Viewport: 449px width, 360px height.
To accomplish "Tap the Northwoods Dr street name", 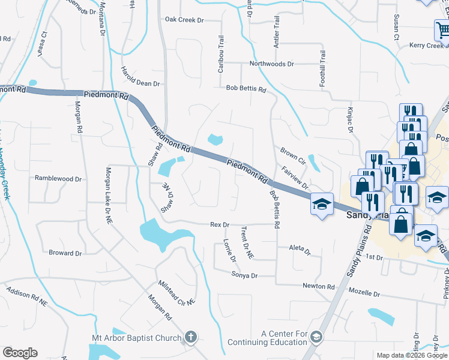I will pyautogui.click(x=272, y=64).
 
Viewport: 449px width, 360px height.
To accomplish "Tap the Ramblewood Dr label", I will pyautogui.click(x=58, y=179).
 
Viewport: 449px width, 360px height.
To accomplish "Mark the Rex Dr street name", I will pyautogui.click(x=220, y=224).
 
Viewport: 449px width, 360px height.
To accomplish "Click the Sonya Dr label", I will pyautogui.click(x=244, y=275).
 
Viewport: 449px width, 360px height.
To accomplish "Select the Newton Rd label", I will pyautogui.click(x=318, y=287).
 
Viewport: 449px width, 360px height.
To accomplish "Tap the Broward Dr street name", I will pyautogui.click(x=65, y=253).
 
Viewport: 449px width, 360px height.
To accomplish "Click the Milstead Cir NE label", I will pyautogui.click(x=177, y=293).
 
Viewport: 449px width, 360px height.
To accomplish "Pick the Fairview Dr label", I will pyautogui.click(x=294, y=177).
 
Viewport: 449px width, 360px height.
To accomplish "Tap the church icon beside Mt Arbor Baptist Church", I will pyautogui.click(x=191, y=338).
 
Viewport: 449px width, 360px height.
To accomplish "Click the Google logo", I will pyautogui.click(x=20, y=353).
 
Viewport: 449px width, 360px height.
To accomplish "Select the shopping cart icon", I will pyautogui.click(x=442, y=31).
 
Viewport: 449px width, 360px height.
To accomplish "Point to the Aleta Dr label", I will pyautogui.click(x=300, y=248).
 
